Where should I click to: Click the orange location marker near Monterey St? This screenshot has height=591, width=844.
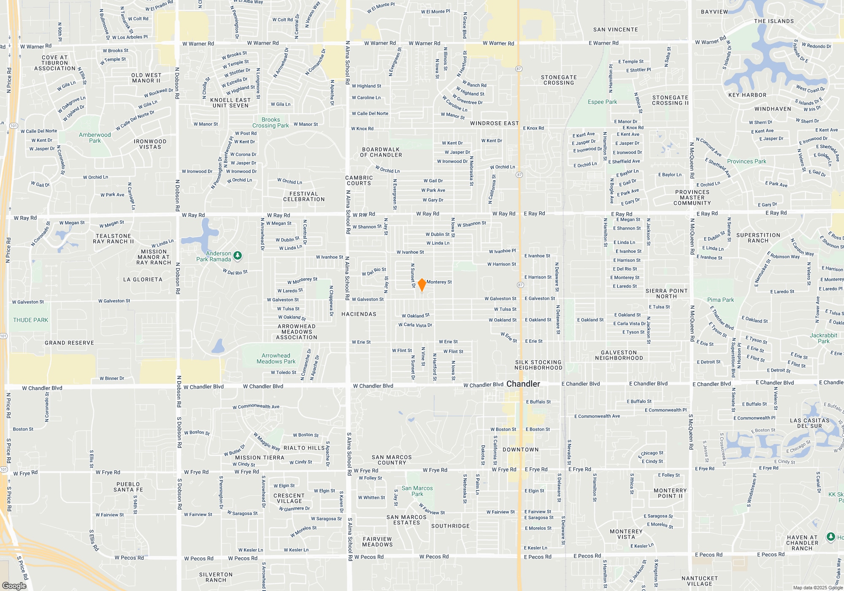point(422,285)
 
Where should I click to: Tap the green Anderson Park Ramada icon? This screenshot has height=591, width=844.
point(238,255)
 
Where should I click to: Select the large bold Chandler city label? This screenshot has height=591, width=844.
point(523,384)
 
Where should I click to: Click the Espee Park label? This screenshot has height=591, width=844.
point(602,102)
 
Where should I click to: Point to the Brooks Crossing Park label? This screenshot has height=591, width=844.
point(271,122)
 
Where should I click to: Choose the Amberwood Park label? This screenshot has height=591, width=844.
point(95,138)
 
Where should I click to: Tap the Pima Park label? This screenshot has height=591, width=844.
point(720,300)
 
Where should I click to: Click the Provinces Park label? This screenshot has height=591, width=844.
point(747,161)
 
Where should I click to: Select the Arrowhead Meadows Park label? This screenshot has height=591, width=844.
point(276,358)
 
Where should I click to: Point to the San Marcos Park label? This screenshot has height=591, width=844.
point(417,491)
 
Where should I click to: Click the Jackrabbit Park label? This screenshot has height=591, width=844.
point(823,338)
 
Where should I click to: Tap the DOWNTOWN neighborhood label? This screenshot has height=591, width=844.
point(520,450)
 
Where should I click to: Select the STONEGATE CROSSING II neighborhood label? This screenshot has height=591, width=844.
point(670,100)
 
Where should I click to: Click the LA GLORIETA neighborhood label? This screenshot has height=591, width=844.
point(143,279)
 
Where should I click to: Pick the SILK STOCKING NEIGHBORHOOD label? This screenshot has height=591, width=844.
point(538,365)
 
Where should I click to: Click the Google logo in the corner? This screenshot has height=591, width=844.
point(14,586)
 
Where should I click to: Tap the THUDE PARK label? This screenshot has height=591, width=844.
point(30,320)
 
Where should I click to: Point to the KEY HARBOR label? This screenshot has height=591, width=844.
point(747,95)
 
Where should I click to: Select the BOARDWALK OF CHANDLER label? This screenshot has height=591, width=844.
point(381,152)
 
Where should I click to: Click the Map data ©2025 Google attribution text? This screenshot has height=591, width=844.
point(817,588)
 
